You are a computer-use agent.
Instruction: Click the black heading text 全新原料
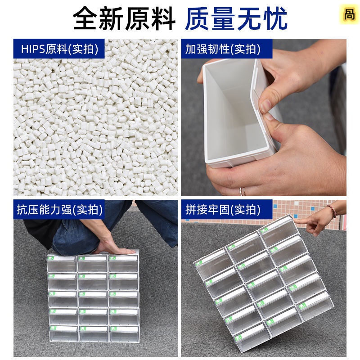[x=124, y=18]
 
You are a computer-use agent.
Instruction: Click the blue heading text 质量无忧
[x=236, y=18]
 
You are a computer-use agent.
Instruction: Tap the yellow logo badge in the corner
[x=349, y=14]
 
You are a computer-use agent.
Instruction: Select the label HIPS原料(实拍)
[x=60, y=49]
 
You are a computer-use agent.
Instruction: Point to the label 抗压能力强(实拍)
[x=60, y=210]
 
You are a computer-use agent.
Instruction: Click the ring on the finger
[x=242, y=191]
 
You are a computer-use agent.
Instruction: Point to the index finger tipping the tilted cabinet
[x=301, y=221]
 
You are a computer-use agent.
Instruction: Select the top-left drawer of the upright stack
[x=62, y=263]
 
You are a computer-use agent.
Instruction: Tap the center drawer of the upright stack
[x=93, y=299]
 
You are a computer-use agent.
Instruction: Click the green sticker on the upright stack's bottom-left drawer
[x=53, y=328]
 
